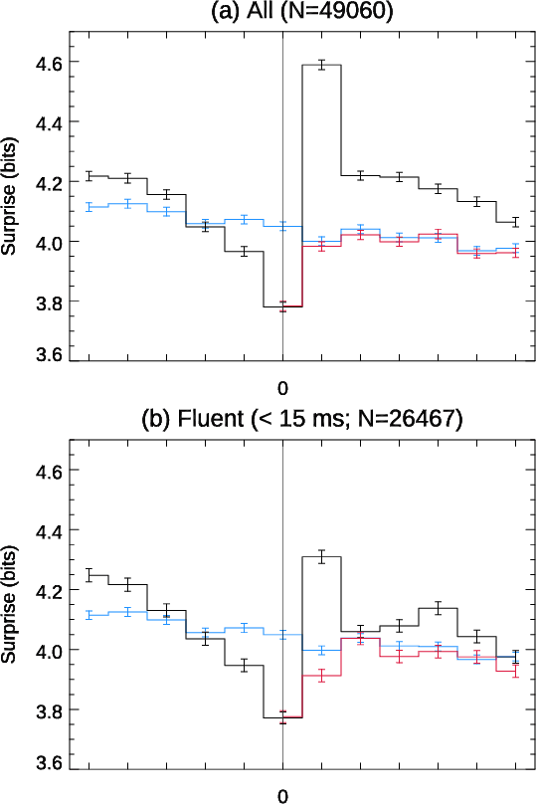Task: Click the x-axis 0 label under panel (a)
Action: click(x=282, y=386)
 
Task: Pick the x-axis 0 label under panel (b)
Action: click(x=282, y=795)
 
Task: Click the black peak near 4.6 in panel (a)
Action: click(x=321, y=65)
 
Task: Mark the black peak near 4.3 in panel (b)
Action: click(x=321, y=557)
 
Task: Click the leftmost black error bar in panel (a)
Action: click(x=89, y=176)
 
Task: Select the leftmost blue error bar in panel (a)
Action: click(x=89, y=206)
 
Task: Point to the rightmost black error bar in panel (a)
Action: click(x=515, y=221)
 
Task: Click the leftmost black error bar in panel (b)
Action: click(x=89, y=575)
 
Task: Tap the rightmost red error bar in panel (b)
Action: click(x=515, y=672)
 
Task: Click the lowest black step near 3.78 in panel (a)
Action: click(x=282, y=306)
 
